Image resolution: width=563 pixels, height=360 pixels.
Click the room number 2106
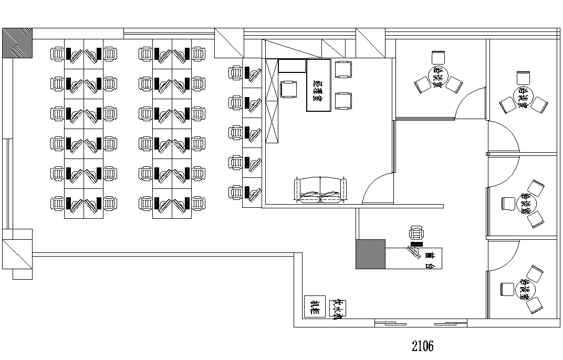pos(423,346)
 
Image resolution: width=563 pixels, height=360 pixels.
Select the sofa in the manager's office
pos(321,190)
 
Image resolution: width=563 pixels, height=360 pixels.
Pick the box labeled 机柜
pos(315,306)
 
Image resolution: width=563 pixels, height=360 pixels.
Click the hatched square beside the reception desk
pos(371,254)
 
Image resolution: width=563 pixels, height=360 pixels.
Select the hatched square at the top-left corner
pos(18,43)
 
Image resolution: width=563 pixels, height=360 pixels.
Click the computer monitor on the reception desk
pos(416,245)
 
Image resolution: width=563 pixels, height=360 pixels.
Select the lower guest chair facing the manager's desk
pos(343,100)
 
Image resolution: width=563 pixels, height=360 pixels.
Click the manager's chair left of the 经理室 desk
pos(289,89)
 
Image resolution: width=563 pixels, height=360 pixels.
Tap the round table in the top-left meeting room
pos(439,76)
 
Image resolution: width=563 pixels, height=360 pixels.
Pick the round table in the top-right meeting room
pos(523,97)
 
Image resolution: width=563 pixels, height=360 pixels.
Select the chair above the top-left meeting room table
pos(438,57)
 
